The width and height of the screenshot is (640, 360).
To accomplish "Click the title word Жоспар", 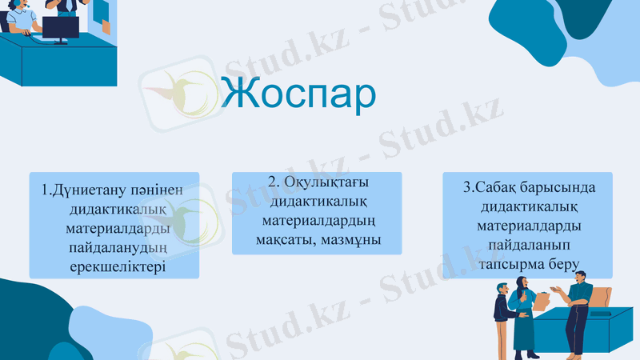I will coord(298,94).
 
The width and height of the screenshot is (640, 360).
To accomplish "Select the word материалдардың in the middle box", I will coord(318,221).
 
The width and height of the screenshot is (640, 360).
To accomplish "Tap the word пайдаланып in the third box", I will coord(528,244).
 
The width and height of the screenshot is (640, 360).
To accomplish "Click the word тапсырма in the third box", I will coord(510,263).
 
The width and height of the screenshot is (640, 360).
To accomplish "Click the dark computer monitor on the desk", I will coord(61,27).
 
